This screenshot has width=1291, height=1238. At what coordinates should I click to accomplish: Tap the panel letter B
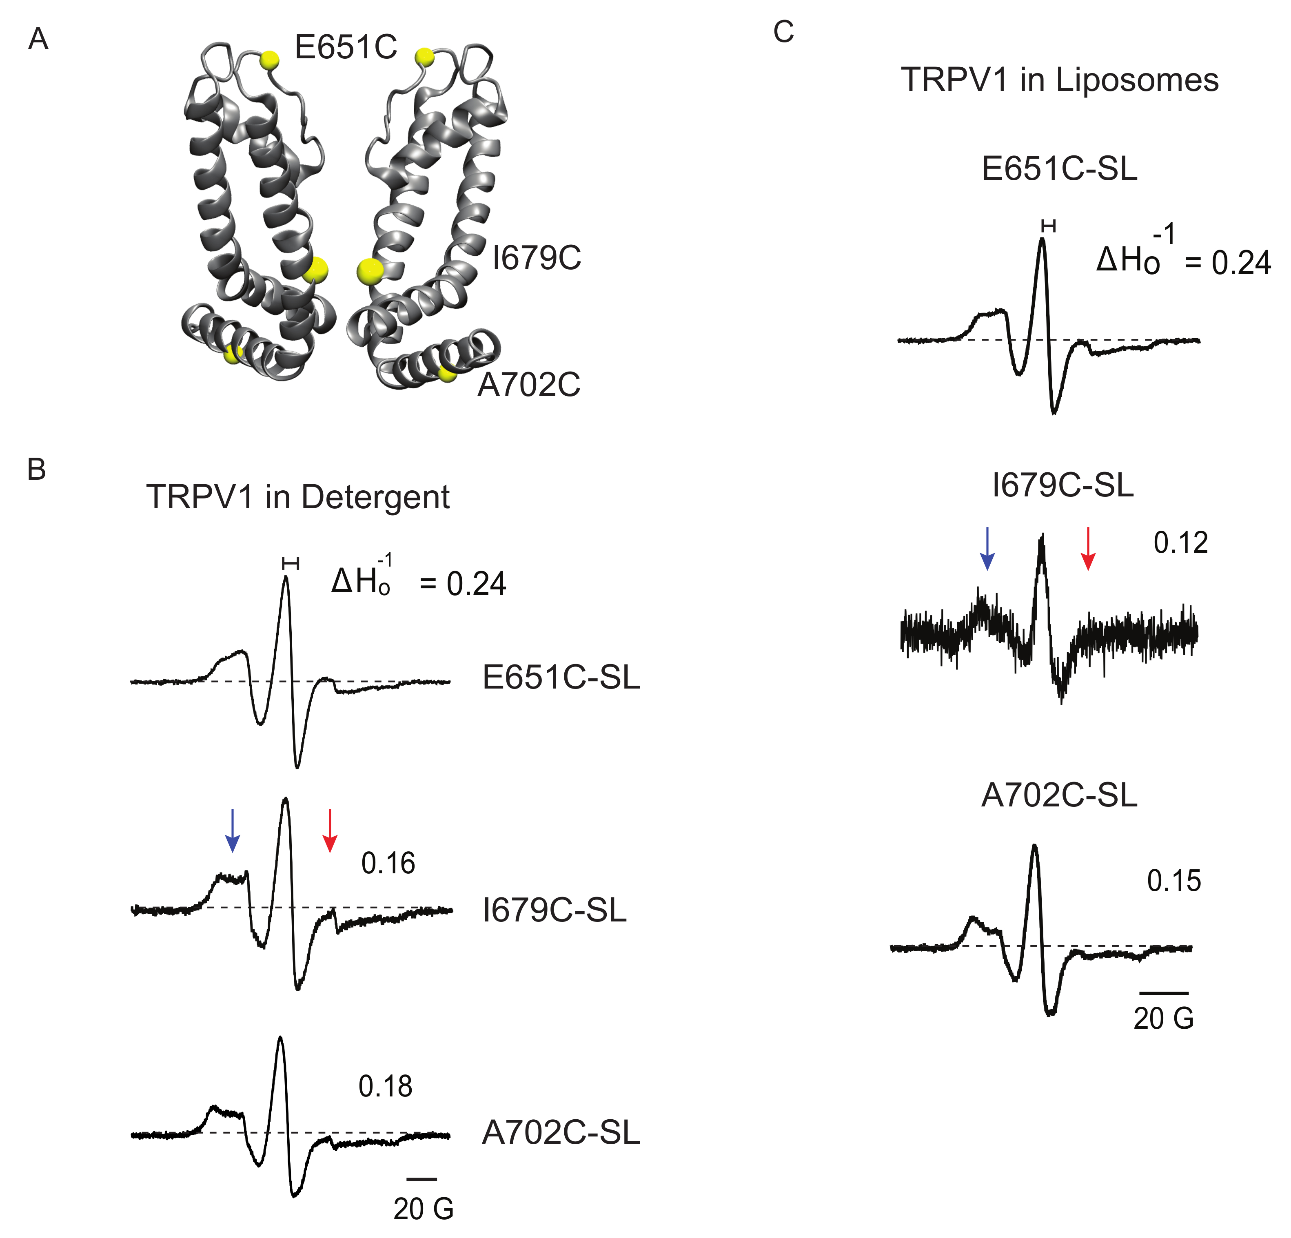click(x=37, y=470)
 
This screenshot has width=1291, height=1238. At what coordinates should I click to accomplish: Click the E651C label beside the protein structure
click(x=346, y=47)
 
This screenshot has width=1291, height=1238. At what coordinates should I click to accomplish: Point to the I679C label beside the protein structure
click(x=537, y=258)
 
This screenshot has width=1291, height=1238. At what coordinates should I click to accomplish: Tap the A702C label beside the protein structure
click(x=529, y=385)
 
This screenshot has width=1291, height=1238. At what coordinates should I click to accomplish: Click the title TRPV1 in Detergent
click(x=298, y=497)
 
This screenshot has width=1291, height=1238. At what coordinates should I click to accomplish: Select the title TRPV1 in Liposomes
click(x=1059, y=80)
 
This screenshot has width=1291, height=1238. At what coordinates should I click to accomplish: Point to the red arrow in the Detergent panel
click(x=329, y=831)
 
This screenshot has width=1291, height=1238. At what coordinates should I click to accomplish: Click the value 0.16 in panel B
click(x=388, y=863)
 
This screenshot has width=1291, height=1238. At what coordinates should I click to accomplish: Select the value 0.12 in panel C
click(x=1180, y=543)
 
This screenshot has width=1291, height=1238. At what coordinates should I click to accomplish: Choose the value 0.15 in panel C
click(x=1174, y=881)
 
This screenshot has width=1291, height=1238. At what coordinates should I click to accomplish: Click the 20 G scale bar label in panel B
click(x=424, y=1208)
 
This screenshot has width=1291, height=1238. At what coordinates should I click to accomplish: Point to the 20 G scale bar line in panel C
click(x=1164, y=992)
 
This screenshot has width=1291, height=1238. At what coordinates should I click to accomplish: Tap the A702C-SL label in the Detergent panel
click(x=561, y=1133)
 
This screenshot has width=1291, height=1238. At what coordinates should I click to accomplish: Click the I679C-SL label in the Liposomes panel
click(x=1063, y=486)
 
